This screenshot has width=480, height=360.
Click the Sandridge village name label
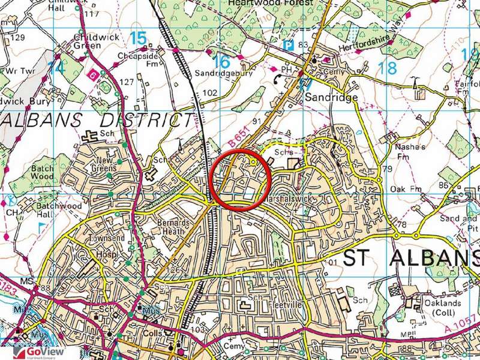[x=331, y=97]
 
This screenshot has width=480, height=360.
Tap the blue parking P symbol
[x=289, y=46]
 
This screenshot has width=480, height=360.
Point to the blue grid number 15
[x=137, y=38]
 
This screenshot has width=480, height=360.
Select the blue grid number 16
[x=221, y=61]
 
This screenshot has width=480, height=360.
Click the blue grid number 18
[x=388, y=67]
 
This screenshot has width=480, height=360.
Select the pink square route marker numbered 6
[x=93, y=75]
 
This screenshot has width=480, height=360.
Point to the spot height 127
[x=127, y=82]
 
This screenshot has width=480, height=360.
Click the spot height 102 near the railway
[x=210, y=93]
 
